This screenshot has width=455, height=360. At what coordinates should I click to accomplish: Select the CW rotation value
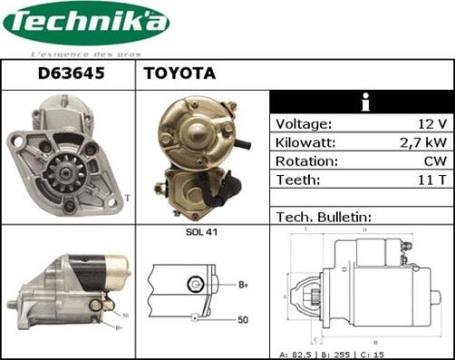click(x=435, y=161)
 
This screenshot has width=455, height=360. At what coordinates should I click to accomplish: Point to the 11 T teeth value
click(x=432, y=180)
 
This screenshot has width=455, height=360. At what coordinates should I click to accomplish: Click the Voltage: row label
click(x=304, y=124)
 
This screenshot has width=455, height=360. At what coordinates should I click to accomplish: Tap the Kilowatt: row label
click(x=306, y=143)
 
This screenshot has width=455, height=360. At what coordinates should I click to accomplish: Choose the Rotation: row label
click(x=306, y=161)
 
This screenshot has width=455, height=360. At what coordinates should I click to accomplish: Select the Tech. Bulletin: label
click(x=323, y=218)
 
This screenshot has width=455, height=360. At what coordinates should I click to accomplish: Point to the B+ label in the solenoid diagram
click(x=243, y=286)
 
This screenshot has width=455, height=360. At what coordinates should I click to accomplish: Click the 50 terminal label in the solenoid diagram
click(x=244, y=319)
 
